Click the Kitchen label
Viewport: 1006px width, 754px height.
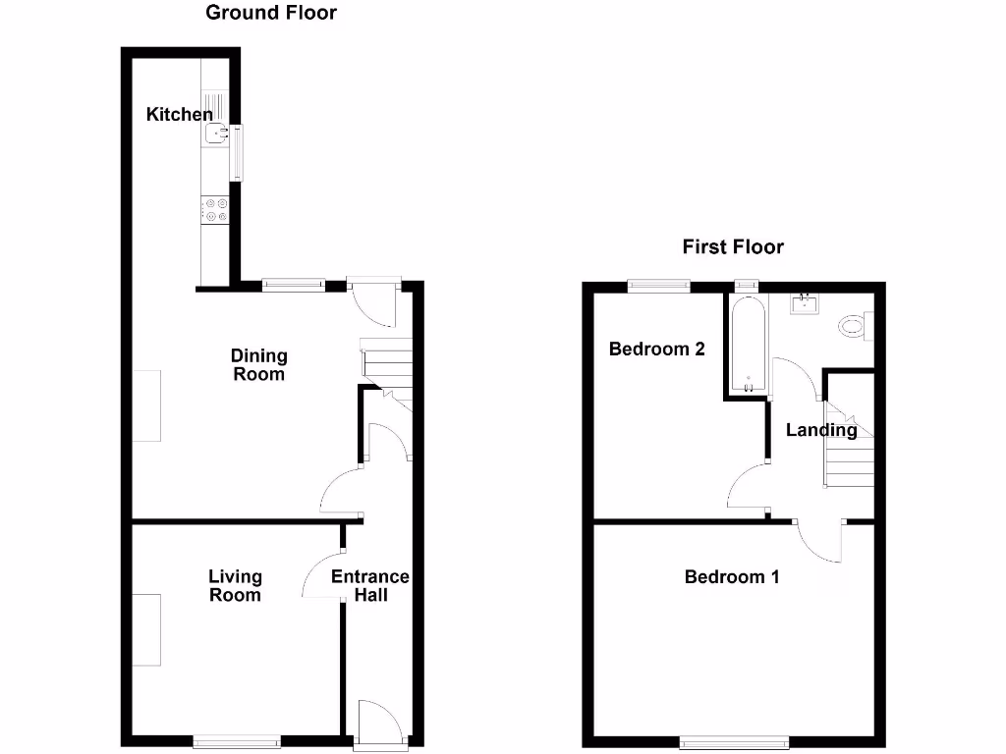(x=179, y=115)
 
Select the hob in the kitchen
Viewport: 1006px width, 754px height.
(x=215, y=210)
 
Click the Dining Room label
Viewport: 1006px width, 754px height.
(x=258, y=364)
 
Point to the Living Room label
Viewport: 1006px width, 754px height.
(x=235, y=585)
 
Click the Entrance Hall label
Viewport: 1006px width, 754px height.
(x=370, y=585)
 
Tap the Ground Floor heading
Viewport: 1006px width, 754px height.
(x=271, y=13)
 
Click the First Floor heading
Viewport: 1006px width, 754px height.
(x=733, y=246)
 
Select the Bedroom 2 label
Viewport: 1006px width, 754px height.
(x=657, y=349)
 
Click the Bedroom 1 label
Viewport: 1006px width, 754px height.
(x=732, y=576)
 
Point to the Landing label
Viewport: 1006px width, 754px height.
(x=821, y=429)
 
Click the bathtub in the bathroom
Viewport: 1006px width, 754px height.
(x=749, y=344)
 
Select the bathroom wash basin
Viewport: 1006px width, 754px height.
(x=807, y=304)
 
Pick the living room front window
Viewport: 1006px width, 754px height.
(x=237, y=742)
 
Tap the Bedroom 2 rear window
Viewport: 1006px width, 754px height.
(x=659, y=286)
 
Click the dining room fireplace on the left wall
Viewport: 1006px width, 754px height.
(x=146, y=405)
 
